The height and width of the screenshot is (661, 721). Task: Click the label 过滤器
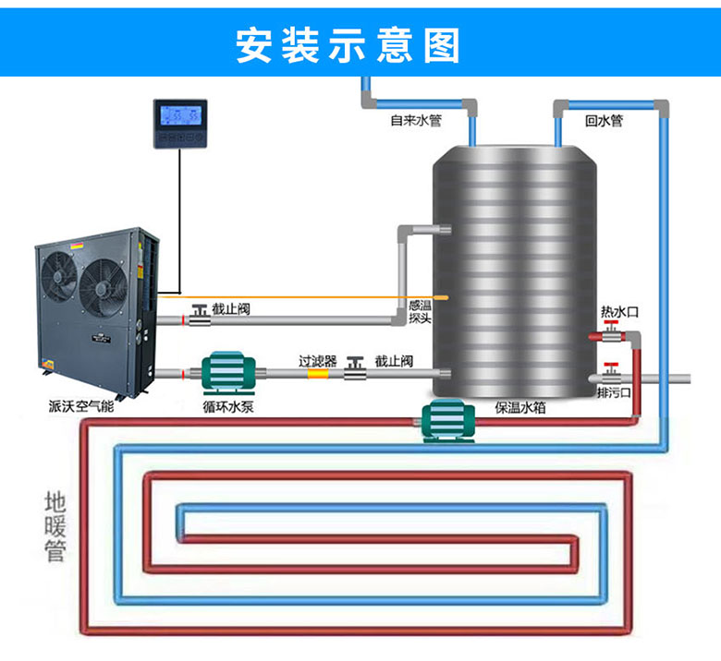click(x=317, y=358)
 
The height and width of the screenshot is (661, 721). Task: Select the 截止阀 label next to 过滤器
click(x=393, y=358)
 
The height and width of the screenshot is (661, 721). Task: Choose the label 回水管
click(x=604, y=120)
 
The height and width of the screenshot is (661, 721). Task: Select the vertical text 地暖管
click(x=55, y=526)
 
